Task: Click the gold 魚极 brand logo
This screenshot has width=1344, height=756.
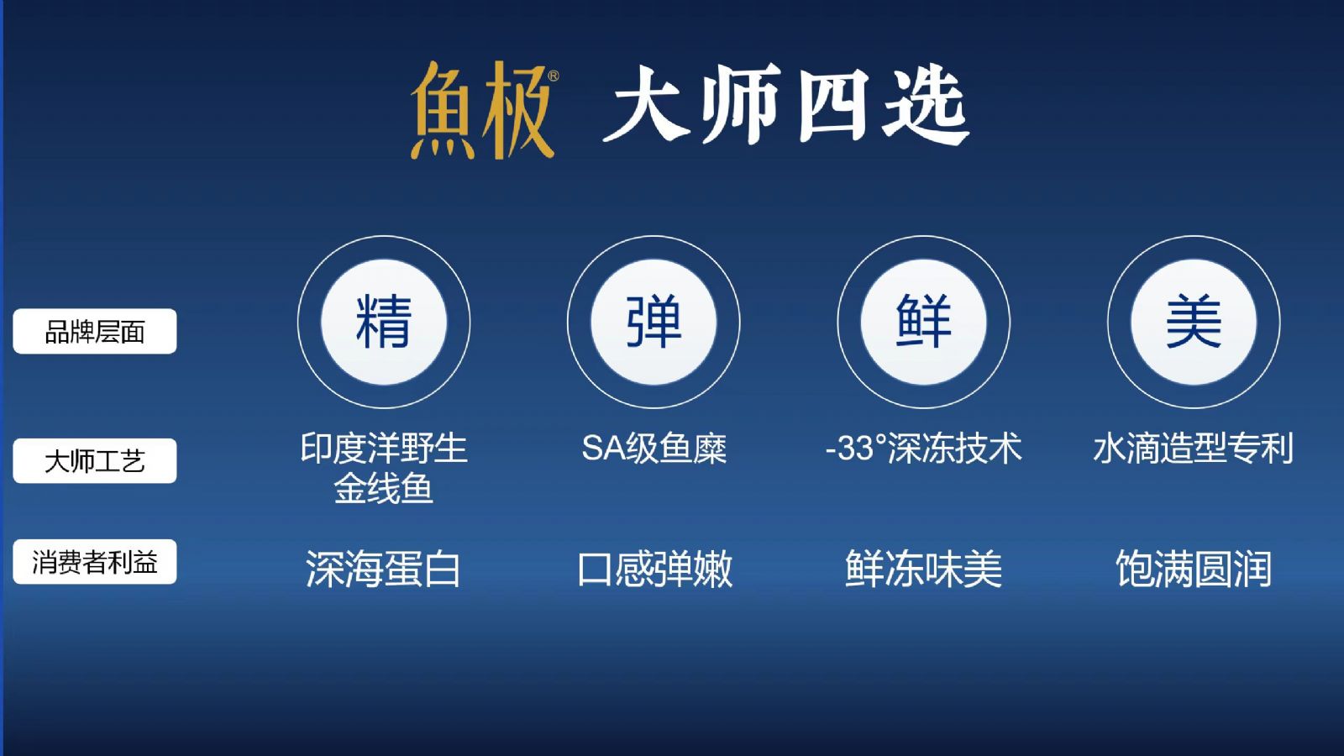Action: point(482,110)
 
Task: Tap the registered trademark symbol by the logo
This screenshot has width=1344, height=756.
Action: point(554,76)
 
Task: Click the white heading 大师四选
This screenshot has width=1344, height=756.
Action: point(785,105)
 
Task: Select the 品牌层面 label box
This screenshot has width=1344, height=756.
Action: point(95,331)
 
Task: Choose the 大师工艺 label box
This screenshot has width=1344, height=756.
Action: point(95,461)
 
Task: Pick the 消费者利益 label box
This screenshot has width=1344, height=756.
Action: point(95,562)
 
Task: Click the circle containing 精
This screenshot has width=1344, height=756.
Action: point(384,323)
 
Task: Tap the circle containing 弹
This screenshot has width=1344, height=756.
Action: point(654,323)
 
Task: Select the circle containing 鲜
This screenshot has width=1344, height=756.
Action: point(924,323)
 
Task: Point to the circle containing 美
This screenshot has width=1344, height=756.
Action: point(1194,323)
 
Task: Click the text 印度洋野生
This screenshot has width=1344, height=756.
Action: point(384,448)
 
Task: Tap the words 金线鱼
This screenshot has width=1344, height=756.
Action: point(384,488)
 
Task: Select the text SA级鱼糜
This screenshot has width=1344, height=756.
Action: point(654,448)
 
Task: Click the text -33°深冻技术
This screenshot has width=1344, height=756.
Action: point(924,448)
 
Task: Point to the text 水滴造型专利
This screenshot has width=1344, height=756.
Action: point(1194,448)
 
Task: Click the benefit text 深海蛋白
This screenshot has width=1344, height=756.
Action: point(383,569)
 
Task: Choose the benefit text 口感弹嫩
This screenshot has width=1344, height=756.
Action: point(654,569)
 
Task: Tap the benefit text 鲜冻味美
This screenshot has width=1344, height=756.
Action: point(924,569)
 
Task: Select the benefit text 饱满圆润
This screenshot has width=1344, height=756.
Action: point(1194,569)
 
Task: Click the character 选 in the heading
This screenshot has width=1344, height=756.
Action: point(926,105)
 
